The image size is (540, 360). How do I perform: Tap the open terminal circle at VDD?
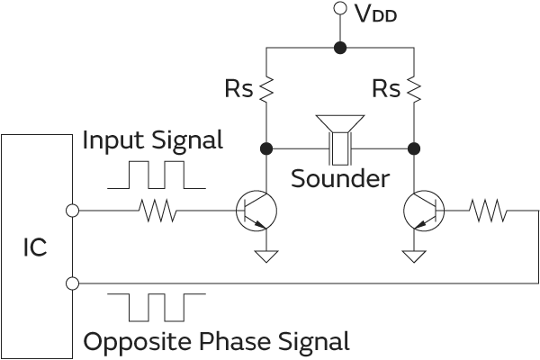(339, 10)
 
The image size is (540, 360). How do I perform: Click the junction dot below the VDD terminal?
(339, 48)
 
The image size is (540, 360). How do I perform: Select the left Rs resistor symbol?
(266, 88)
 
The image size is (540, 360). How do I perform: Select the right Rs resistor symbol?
(414, 88)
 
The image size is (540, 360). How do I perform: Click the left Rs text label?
(238, 89)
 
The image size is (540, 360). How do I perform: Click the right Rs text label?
(385, 89)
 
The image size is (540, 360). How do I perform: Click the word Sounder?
(340, 178)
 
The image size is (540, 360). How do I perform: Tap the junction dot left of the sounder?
(266, 148)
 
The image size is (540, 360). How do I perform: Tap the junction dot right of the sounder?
(414, 148)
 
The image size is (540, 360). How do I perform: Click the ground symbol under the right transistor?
(414, 256)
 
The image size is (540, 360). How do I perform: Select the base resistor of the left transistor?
(158, 211)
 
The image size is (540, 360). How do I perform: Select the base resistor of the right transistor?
(488, 211)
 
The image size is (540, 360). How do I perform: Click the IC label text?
(35, 247)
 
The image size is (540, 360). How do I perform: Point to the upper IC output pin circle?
(73, 211)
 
